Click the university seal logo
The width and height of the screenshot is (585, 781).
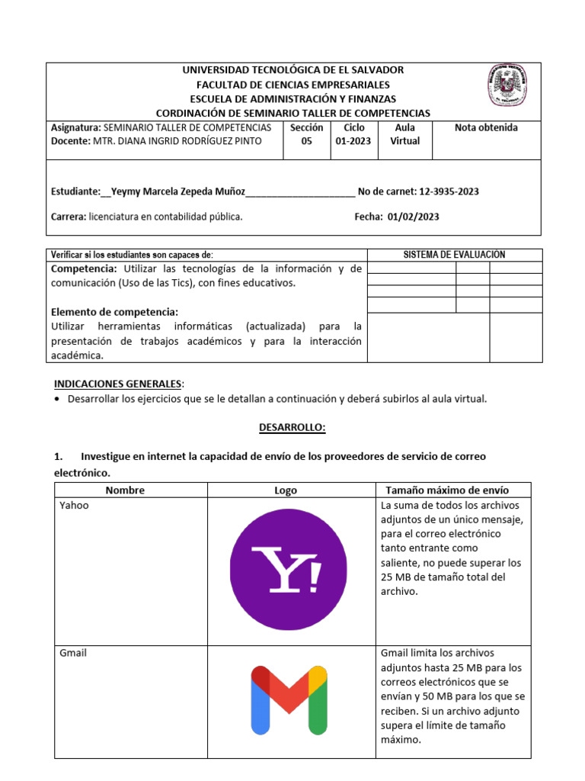pyautogui.click(x=509, y=85)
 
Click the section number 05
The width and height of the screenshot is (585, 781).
pyautogui.click(x=306, y=141)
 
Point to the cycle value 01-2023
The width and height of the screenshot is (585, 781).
pyautogui.click(x=354, y=141)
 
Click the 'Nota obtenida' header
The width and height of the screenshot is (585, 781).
pyautogui.click(x=486, y=127)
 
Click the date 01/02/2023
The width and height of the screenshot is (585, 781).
pyautogui.click(x=414, y=217)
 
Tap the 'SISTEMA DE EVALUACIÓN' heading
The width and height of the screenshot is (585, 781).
pyautogui.click(x=454, y=255)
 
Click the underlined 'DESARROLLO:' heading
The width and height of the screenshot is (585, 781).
pyautogui.click(x=292, y=428)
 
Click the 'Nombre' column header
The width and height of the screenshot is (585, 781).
pyautogui.click(x=125, y=490)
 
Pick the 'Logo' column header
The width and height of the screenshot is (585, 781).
pyautogui.click(x=286, y=490)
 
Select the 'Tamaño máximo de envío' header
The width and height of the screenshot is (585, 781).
pyautogui.click(x=447, y=490)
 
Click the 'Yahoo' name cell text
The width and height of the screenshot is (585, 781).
pyautogui.click(x=74, y=505)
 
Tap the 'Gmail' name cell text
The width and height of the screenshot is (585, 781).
pyautogui.click(x=73, y=653)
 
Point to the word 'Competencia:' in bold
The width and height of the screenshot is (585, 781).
pyautogui.click(x=84, y=268)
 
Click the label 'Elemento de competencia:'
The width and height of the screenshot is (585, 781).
pyautogui.click(x=114, y=312)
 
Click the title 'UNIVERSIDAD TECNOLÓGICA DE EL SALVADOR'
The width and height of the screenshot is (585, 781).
pyautogui.click(x=292, y=70)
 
